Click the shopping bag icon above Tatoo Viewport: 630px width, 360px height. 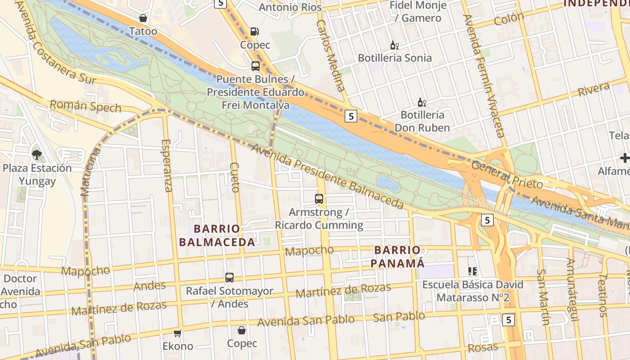click(x=143, y=18)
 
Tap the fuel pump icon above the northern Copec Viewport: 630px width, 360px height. click(x=255, y=31)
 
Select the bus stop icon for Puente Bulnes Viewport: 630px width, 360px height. click(x=256, y=66)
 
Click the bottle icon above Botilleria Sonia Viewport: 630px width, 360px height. click(x=395, y=45)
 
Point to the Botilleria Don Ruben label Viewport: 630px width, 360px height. click(x=422, y=121)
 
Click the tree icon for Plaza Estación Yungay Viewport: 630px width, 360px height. click(x=36, y=155)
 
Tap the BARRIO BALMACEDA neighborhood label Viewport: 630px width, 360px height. click(x=217, y=235)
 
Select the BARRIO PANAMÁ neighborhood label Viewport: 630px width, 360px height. click(x=397, y=256)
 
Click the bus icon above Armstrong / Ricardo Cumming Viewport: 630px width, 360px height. click(x=319, y=198)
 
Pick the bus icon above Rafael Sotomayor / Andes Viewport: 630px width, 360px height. click(x=229, y=278)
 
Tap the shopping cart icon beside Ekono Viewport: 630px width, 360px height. click(x=178, y=333)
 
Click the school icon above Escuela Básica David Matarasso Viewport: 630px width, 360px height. click(x=472, y=271)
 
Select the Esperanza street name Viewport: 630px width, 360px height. click(x=166, y=165)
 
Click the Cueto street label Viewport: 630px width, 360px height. click(x=234, y=177)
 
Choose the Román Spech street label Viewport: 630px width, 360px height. click(x=85, y=106)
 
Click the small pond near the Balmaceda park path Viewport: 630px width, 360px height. click(x=388, y=184)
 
